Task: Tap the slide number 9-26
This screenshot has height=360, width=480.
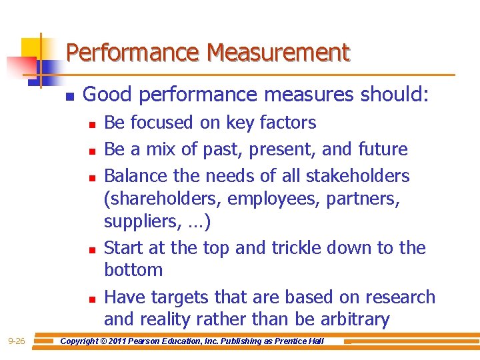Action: click(17, 342)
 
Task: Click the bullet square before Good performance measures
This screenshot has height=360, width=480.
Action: click(69, 95)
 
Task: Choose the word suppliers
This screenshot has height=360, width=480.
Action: click(135, 221)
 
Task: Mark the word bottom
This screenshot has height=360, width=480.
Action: click(133, 270)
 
